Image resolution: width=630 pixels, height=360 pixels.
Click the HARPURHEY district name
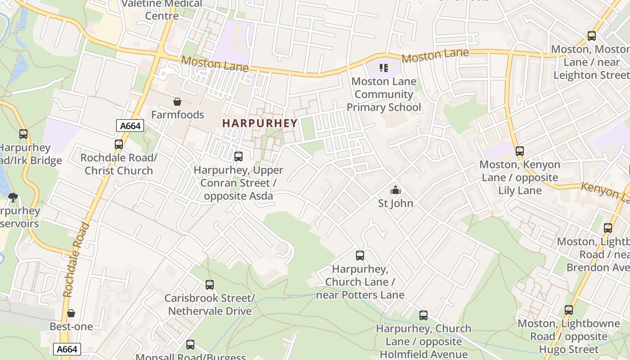[260, 123]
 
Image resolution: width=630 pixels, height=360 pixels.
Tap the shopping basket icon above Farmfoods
[177, 102]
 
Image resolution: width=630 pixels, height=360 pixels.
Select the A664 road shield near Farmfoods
[130, 126]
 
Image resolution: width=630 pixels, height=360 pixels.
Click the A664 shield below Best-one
[67, 349]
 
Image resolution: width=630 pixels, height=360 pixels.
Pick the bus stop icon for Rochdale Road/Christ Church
[119, 144]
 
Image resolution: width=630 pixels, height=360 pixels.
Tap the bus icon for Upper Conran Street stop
[238, 157]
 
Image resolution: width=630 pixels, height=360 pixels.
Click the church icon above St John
[396, 190]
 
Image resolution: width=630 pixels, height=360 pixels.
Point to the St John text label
[396, 203]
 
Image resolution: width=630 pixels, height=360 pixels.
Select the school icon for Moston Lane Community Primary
[383, 68]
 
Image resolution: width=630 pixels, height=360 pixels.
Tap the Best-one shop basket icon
[71, 313]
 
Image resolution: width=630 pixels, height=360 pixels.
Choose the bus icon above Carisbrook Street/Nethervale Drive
[210, 285]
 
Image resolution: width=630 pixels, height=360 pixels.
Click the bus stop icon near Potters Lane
[360, 256]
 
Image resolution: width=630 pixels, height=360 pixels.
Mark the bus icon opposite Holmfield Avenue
[423, 315]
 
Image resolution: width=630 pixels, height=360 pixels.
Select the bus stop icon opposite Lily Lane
[520, 151]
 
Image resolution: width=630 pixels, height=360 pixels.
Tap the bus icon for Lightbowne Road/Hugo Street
[569, 310]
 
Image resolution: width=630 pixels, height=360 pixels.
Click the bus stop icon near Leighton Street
[592, 36]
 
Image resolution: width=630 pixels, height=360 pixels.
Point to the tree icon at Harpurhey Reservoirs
[13, 197]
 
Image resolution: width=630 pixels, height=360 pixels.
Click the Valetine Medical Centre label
[162, 10]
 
